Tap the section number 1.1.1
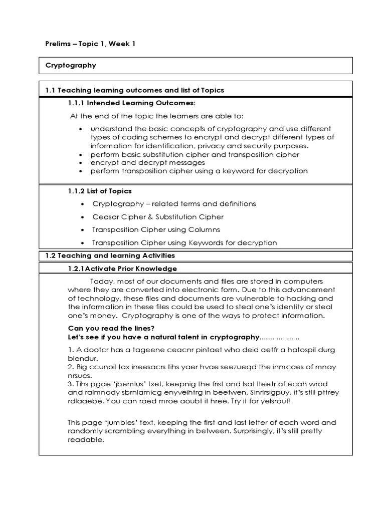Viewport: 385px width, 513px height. coord(76,103)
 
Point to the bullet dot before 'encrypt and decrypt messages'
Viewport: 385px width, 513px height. coord(81,163)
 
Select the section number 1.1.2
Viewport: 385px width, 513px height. coord(76,191)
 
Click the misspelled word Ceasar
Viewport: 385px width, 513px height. coord(104,217)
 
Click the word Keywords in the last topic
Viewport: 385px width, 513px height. coord(206,243)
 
